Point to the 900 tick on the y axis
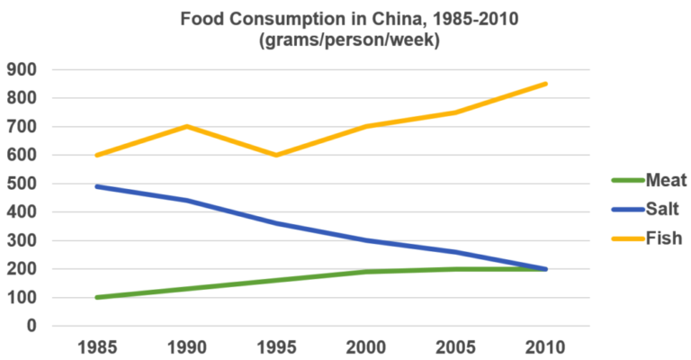pyautogui.click(x=22, y=69)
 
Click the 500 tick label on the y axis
pyautogui.click(x=22, y=184)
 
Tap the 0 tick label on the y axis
pyautogui.click(x=32, y=326)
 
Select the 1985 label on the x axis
pyautogui.click(x=95, y=347)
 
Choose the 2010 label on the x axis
pyautogui.click(x=545, y=347)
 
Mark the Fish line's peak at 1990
pyautogui.click(x=186, y=126)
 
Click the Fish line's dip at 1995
pyautogui.click(x=276, y=155)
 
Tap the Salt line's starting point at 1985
pyautogui.click(x=96, y=186)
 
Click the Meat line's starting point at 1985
pyautogui.click(x=96, y=297)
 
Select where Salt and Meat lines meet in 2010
pyautogui.click(x=545, y=269)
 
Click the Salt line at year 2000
pyautogui.click(x=366, y=240)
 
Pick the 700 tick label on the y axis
pyautogui.click(x=22, y=127)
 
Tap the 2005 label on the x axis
pyautogui.click(x=455, y=347)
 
